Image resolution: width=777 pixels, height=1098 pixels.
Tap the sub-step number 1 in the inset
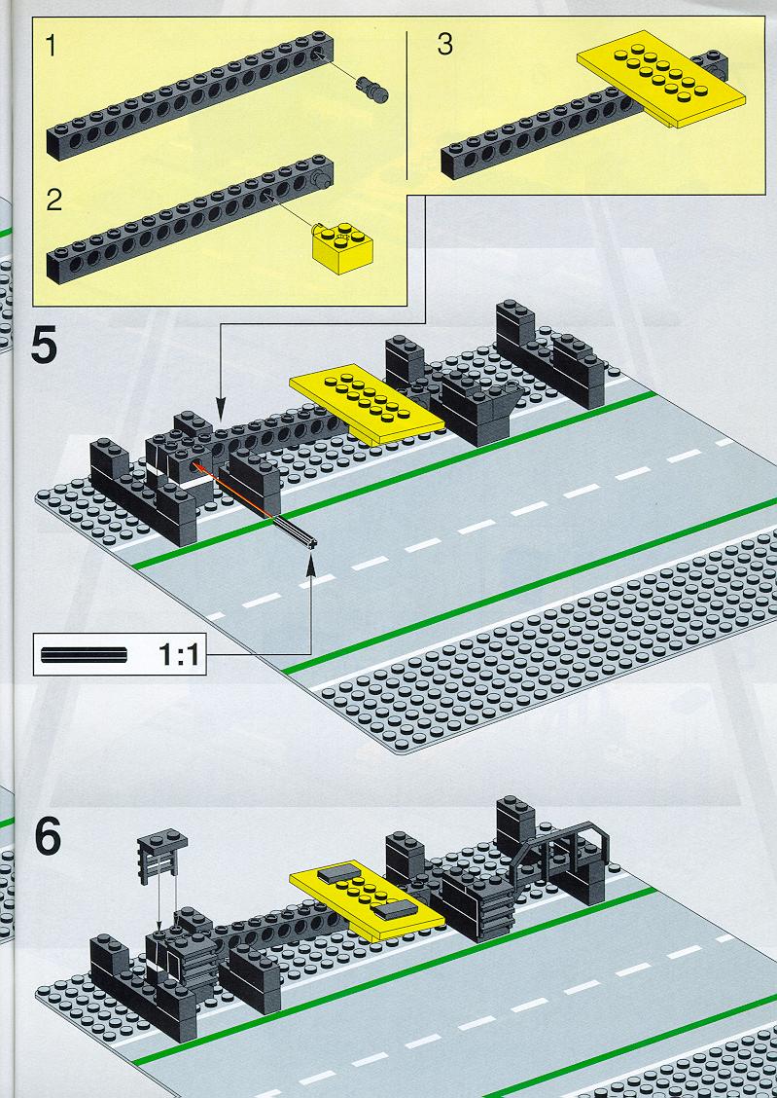[x=51, y=46]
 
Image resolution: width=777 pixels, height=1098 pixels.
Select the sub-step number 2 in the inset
[x=53, y=201]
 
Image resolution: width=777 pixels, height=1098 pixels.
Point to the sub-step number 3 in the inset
[x=444, y=44]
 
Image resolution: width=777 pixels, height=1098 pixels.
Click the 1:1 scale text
[x=179, y=655]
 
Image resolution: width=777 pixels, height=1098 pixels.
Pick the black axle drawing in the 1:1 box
[x=84, y=655]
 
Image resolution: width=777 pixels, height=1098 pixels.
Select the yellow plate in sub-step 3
[x=661, y=79]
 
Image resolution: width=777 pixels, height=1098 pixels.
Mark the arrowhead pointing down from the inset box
[x=221, y=411]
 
